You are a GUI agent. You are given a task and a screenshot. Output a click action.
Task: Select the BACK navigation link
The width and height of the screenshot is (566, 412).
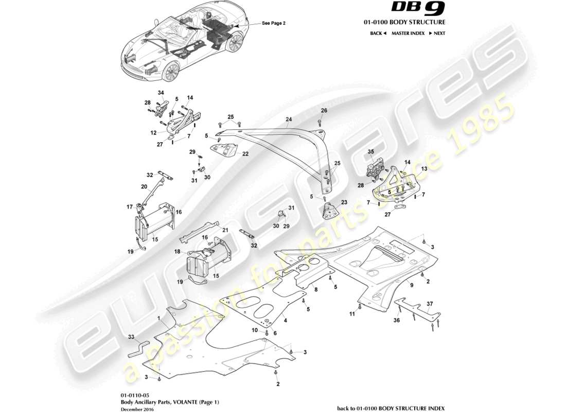tap(378, 33)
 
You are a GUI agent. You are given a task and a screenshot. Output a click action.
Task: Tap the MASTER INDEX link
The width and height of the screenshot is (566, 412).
tap(408, 33)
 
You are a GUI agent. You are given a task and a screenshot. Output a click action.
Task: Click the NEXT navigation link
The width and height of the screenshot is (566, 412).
tap(437, 33)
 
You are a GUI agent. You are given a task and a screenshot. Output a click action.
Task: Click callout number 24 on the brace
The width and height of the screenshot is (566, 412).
tap(289, 119)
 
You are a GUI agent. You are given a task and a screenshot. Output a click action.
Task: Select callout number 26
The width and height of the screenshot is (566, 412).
tap(324, 111)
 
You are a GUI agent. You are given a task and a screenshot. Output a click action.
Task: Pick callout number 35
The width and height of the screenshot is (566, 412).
tap(370, 151)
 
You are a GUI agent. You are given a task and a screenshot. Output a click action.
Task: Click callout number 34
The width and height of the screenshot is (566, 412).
tap(161, 93)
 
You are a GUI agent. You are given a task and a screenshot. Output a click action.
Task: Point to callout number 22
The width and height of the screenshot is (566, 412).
tap(245, 153)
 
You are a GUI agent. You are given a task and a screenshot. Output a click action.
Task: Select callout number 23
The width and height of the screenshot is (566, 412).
tap(344, 202)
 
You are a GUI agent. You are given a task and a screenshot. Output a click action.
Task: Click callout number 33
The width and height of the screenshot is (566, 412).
tap(131, 337)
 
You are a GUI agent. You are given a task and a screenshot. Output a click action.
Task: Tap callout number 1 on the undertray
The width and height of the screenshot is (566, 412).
tap(160, 320)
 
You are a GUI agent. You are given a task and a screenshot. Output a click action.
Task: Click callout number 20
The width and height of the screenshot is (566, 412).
tap(144, 186)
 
